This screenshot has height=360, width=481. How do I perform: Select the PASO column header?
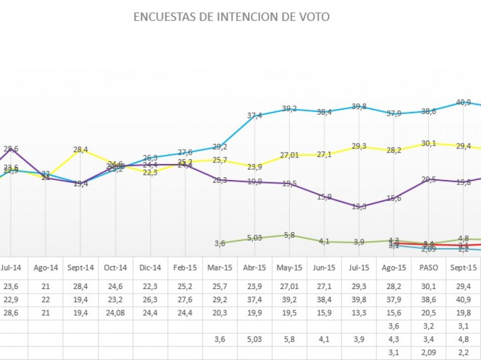coord(429,267)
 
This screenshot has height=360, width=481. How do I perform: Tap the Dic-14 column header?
coord(150,267)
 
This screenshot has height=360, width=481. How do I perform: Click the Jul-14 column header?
coord(11,267)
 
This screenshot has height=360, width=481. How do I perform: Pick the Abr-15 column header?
coord(255,267)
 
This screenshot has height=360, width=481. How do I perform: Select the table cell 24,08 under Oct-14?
coord(116,313)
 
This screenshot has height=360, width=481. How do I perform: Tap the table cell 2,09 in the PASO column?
coord(429,352)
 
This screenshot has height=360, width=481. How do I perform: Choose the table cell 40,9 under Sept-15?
coord(464,300)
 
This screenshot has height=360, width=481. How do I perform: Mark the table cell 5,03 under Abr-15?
coord(255,339)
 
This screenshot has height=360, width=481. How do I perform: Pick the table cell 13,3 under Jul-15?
coord(359,313)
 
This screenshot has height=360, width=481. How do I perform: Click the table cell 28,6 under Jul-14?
coord(11,313)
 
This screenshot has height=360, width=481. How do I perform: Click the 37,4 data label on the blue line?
coord(255,116)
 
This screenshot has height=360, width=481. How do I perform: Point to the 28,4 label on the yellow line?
coord(80,149)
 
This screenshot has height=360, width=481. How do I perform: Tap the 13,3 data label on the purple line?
coord(359,206)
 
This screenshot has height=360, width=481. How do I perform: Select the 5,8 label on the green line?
coord(290,235)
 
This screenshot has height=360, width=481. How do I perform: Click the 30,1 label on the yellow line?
coord(428,143)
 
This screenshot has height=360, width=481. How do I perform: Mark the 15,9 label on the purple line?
coord(325,196)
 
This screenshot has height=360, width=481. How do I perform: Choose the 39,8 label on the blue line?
coord(359,107)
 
